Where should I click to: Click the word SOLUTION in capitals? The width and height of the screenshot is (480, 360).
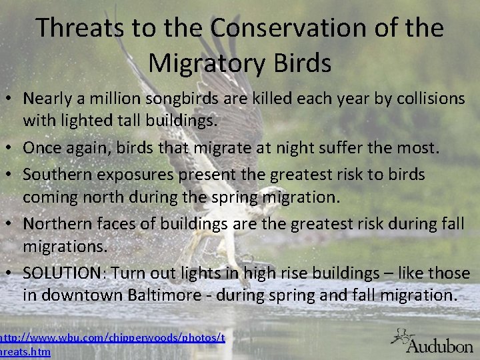[61, 273]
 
